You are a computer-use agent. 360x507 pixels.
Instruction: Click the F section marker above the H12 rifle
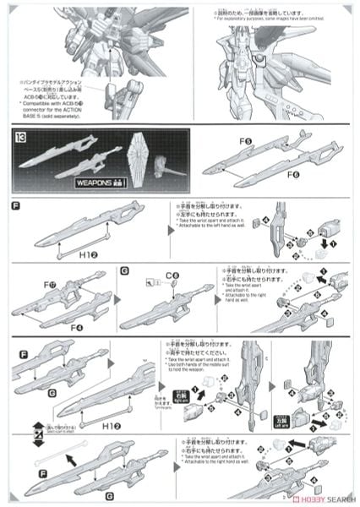pos(16,207)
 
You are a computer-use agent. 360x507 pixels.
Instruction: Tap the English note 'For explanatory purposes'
pos(254,18)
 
